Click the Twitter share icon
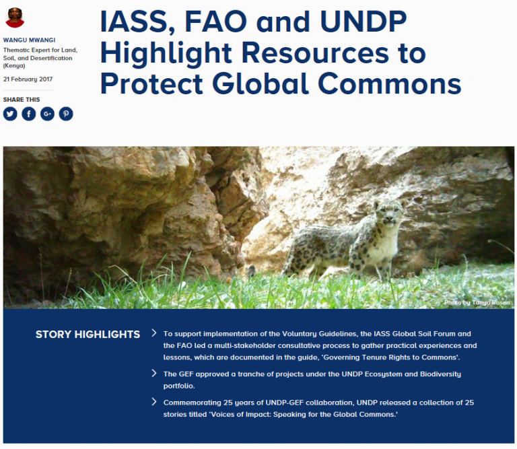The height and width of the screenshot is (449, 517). [10, 114]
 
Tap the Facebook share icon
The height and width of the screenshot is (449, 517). [28, 114]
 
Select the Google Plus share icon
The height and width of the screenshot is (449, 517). [47, 114]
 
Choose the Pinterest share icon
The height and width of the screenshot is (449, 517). [65, 114]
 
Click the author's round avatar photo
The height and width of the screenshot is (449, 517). [15, 17]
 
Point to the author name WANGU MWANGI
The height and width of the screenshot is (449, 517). [29, 39]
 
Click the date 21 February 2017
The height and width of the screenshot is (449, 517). [28, 79]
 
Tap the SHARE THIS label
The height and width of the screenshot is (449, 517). [22, 100]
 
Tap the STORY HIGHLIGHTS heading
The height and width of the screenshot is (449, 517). [88, 335]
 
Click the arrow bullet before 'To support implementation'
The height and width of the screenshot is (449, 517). [154, 333]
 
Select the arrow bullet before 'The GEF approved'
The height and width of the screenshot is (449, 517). [154, 373]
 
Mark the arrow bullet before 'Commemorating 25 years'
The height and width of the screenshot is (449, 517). [154, 402]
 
